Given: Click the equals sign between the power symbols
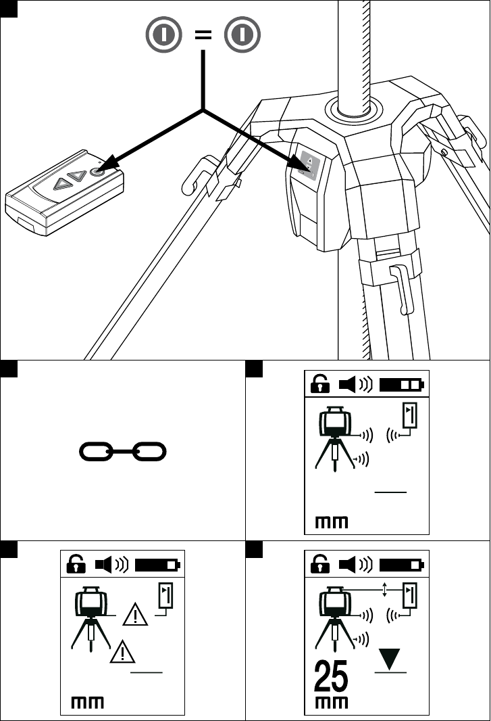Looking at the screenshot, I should pyautogui.click(x=202, y=37).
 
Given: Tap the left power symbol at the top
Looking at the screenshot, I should pyautogui.click(x=164, y=37).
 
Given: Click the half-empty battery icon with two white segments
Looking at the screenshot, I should pyautogui.click(x=402, y=385).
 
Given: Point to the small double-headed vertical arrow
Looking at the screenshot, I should pyautogui.click(x=384, y=590).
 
